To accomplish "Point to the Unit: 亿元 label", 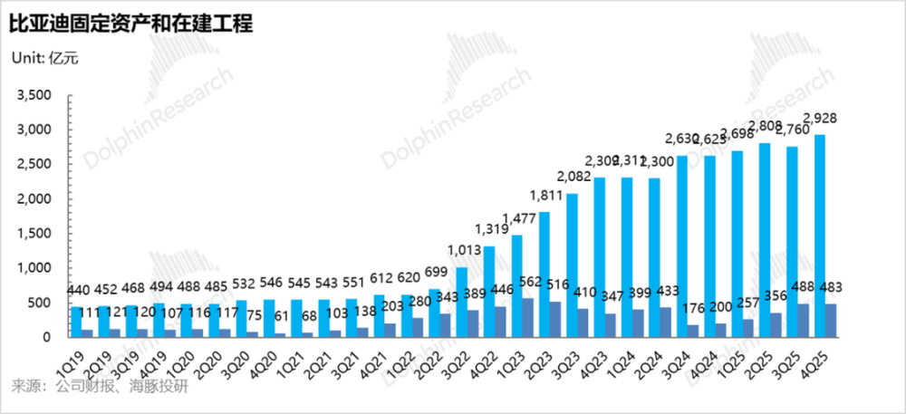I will point(44,59).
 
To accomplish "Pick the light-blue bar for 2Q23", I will point(545,274).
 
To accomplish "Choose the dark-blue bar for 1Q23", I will point(526,317).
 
